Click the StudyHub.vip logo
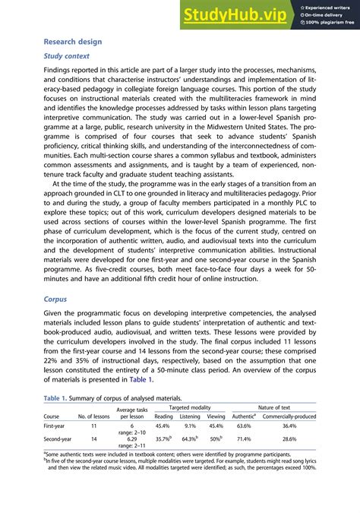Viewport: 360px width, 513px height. (235, 14)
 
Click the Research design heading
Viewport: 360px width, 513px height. (73, 42)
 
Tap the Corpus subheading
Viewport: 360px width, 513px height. (55, 299)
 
